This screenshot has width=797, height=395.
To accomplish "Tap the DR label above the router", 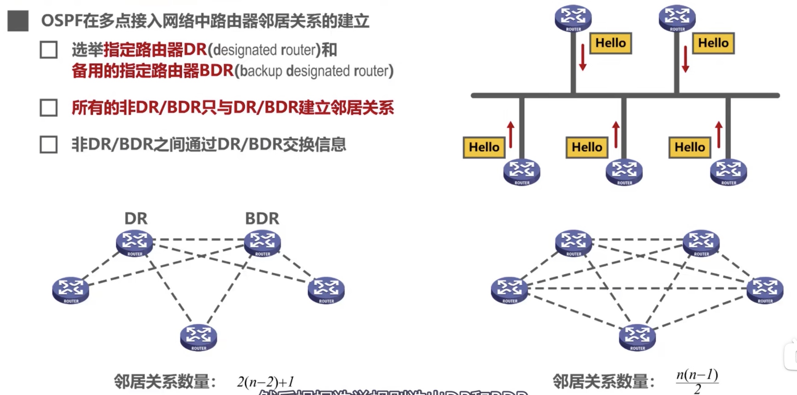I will pos(136,219).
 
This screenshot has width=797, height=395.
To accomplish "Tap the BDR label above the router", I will pos(262,219).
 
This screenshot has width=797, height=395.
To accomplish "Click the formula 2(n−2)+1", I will pos(265,382).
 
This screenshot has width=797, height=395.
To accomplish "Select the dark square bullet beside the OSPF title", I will pos(18,21).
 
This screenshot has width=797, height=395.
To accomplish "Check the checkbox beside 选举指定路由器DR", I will pos(49,50).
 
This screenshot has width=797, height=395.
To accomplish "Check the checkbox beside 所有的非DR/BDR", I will pos(49,108).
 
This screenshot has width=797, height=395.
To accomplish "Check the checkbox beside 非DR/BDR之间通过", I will pos(49,144).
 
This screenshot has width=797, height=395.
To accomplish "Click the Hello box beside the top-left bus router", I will pos(610,43).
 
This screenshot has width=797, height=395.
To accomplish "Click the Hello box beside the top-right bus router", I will pos(713,43).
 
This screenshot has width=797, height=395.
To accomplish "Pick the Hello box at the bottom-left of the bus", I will pos(484,147).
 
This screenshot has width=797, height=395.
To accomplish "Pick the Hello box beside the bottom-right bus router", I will pos(690,147).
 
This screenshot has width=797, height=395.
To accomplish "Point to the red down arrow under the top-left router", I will pos(583,57).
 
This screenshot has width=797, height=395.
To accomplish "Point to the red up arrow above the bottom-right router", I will pos(719,135).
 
